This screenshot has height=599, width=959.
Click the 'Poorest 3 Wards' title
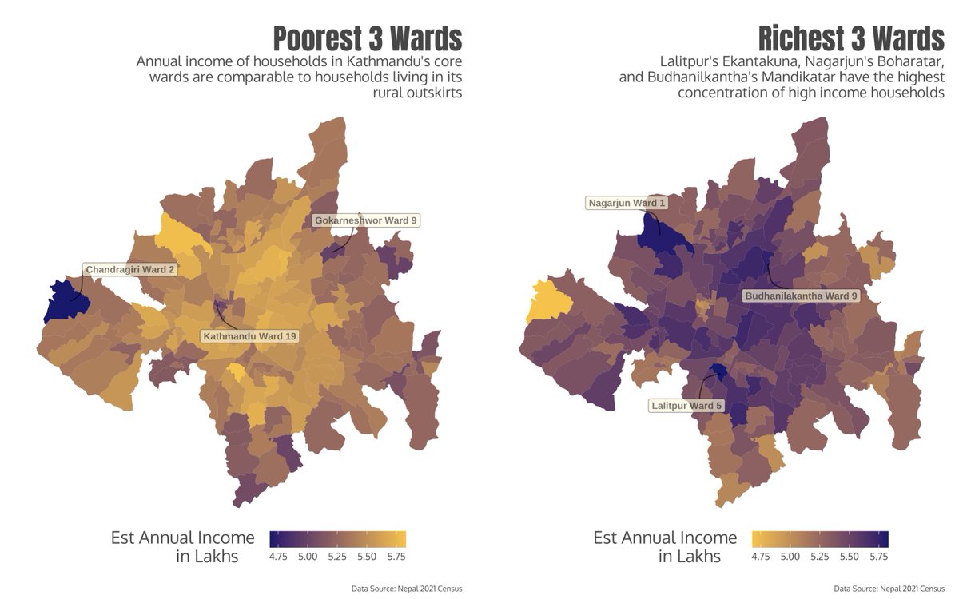coord(368,38)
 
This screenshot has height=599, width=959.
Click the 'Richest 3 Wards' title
coord(850,38)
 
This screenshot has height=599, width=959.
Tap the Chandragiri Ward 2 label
coord(130,270)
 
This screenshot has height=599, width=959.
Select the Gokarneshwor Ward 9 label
coord(366,220)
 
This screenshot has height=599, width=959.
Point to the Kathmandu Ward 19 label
coord(250,336)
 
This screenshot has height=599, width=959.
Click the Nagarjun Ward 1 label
coord(627,203)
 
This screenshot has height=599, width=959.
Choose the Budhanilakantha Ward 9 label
coord(802,296)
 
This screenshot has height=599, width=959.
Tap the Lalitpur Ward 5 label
coord(686,406)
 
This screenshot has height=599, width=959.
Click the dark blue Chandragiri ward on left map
coord(61,300)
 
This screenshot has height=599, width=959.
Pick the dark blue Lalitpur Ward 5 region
coord(718,371)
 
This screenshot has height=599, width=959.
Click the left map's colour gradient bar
coord(338,538)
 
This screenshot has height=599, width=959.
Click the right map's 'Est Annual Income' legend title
coord(665,538)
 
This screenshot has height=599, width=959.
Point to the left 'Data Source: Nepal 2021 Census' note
coord(407,589)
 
